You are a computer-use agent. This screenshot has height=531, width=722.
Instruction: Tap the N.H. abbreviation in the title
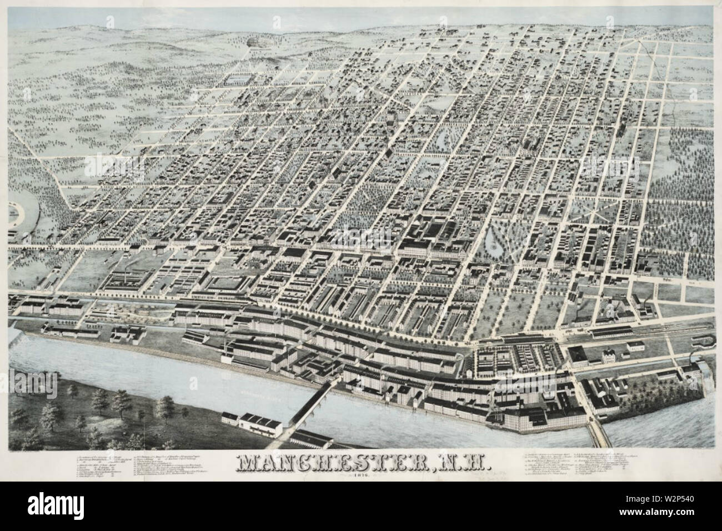[461, 463]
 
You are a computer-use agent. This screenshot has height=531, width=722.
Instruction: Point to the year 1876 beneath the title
[361, 477]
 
